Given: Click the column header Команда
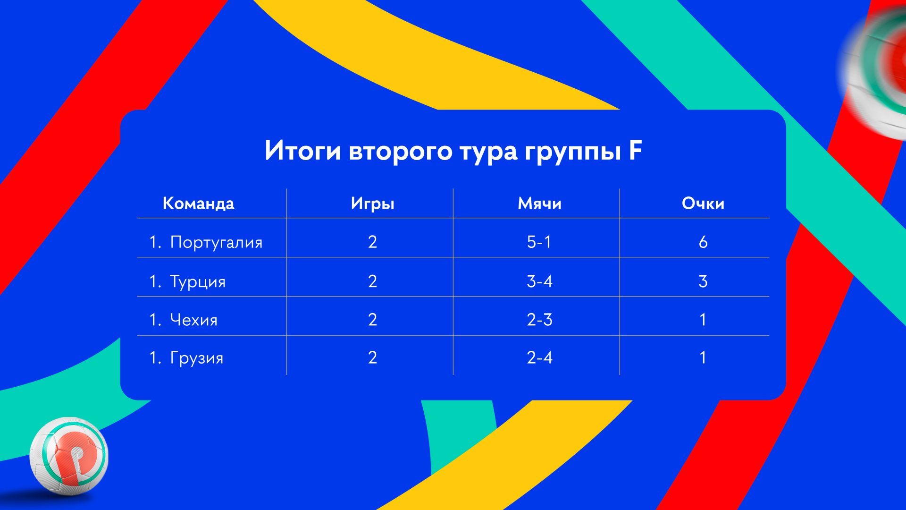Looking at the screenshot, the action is coord(198,204).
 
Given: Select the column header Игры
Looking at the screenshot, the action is coord(372,204).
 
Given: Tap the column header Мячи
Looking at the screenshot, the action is coord(539,204).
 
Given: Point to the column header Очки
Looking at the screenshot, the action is coord(703,204).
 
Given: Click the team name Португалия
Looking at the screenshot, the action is coord(216,243).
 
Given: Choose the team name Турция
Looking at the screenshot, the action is coord(198,282).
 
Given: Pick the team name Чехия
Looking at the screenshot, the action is coord(193,320).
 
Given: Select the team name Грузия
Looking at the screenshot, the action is coord(196,358).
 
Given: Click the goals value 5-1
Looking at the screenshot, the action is coord(539,242).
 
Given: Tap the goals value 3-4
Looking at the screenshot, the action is coord(539,281).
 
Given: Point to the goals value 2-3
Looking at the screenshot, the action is coord(539,320).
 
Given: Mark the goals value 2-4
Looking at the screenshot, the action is coord(539,358).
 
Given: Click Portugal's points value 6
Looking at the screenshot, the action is coord(703,242).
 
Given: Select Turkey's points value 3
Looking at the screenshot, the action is coord(703,281).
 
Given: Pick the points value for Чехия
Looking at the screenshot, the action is coord(703,320).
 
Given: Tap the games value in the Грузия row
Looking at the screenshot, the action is coord(372,358).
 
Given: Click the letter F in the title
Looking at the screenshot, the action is coord(635,151).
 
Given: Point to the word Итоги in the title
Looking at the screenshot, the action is coord(302,151).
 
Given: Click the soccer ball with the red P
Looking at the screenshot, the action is coord(69,456).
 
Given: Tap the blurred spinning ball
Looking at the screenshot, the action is coord(875,76).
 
